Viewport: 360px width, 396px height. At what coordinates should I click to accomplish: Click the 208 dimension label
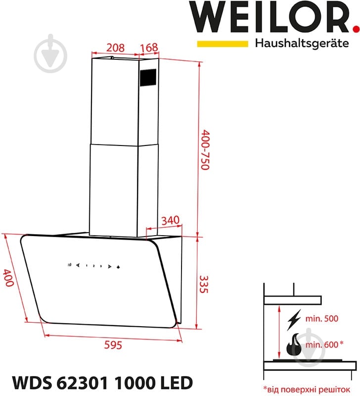point(115,48)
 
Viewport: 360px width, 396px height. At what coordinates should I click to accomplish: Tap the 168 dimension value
point(148,48)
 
